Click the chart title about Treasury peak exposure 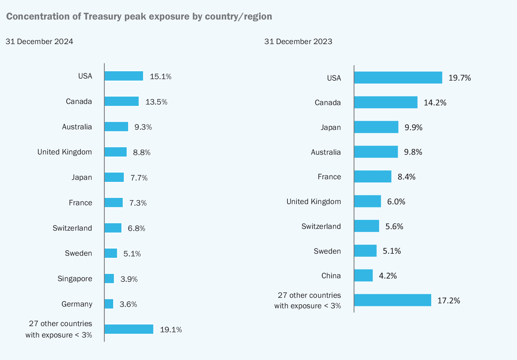139,16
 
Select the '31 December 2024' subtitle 39,41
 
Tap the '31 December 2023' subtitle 298,41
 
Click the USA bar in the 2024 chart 124,76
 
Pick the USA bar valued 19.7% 398,78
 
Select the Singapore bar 109,279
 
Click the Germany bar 109,304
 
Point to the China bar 363,275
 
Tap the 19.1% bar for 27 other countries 129,329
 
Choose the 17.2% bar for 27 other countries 392,300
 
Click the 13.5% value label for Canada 156,102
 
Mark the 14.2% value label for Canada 435,102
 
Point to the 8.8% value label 142,152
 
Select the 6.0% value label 396,202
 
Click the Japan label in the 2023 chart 331,128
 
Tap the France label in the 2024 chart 81,203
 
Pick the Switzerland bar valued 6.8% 113,228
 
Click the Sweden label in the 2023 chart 327,251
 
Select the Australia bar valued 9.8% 376,152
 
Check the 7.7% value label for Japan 139,178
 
